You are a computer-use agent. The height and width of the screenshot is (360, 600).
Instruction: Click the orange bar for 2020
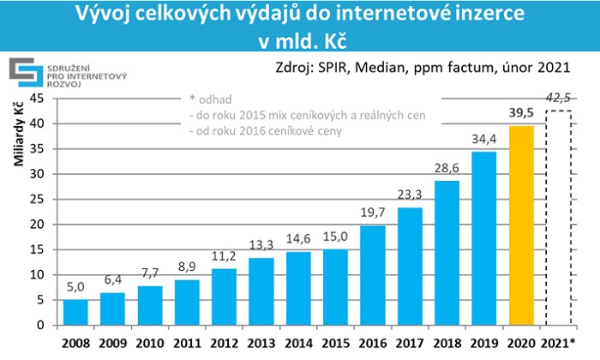point(520,225)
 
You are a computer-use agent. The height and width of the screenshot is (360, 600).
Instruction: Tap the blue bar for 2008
point(76,312)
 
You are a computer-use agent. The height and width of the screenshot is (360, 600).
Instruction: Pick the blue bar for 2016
point(372,275)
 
